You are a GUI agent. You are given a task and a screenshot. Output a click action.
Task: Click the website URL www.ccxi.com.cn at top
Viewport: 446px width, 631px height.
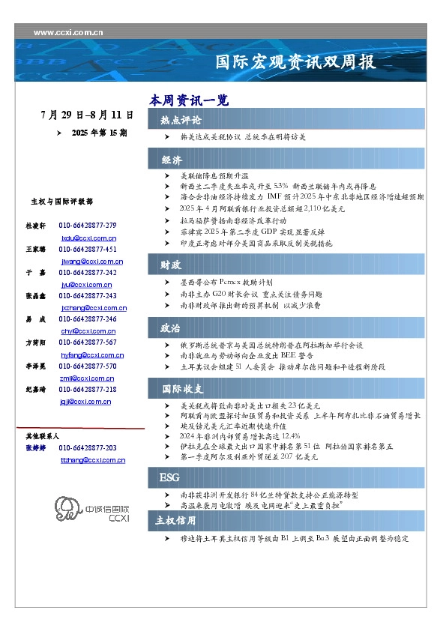tap(68, 33)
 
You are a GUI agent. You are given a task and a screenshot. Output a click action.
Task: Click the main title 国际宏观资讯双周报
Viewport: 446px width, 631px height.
tap(295, 61)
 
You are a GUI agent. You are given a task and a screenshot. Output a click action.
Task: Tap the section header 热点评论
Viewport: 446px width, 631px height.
tap(181, 120)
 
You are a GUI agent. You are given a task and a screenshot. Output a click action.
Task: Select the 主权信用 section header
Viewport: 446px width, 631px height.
tap(175, 520)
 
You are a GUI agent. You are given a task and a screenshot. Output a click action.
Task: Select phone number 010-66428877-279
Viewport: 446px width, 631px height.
tap(88, 225)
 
